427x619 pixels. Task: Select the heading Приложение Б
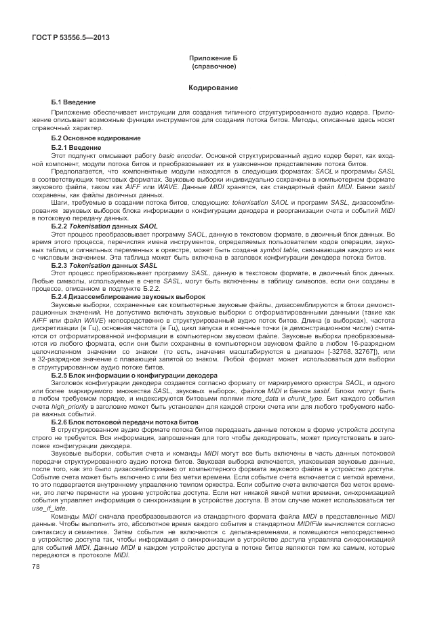point(213,59)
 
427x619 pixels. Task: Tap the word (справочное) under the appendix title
point(213,67)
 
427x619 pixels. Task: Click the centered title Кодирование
point(213,87)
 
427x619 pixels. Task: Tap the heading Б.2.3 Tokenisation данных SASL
point(104,265)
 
